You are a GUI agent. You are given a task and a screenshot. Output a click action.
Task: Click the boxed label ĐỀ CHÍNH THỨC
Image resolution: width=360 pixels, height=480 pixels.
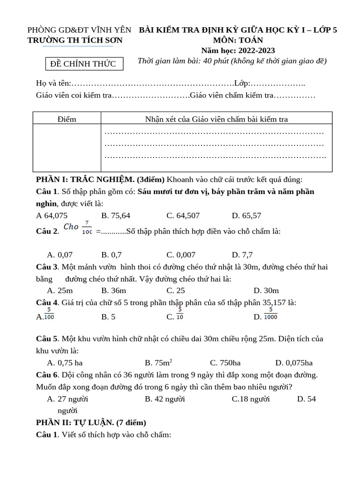tap(83, 64)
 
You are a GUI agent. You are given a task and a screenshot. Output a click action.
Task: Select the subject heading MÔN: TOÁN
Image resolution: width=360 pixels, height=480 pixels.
tap(238, 40)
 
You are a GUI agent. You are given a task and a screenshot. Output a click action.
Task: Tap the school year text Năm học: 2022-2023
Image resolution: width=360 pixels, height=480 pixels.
tap(238, 51)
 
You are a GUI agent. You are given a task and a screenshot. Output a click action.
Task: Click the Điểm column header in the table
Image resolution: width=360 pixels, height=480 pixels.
tap(67, 119)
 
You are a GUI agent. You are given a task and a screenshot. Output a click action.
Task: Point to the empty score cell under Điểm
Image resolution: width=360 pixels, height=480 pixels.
tap(67, 148)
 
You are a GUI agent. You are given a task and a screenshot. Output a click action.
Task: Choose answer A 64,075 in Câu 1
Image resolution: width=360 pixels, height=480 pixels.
tap(52, 216)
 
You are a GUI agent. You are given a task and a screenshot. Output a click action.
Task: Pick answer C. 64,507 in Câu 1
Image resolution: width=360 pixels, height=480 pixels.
tap(183, 216)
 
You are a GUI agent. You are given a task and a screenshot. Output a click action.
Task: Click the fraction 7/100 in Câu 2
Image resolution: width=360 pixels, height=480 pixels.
tap(87, 227)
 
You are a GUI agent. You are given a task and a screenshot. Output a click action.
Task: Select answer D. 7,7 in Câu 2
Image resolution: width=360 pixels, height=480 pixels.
tap(242, 255)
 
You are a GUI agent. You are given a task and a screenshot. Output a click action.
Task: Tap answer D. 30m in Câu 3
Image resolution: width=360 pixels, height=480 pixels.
tap(266, 291)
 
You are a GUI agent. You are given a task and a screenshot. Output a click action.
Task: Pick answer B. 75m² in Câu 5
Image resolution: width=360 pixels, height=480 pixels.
tap(158, 363)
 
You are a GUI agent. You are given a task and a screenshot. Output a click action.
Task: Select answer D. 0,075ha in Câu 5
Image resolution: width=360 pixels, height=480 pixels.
tap(294, 363)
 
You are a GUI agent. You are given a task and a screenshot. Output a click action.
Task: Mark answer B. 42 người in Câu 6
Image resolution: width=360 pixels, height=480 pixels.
tap(165, 399)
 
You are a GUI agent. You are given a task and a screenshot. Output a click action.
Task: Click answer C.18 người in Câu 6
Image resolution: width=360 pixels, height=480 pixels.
tap(251, 399)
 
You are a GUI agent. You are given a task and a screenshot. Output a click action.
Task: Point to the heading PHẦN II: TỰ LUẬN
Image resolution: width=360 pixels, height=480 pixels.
tap(91, 422)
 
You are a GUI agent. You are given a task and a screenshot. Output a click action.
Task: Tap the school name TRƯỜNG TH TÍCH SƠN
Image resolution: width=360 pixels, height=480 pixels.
tap(75, 40)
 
